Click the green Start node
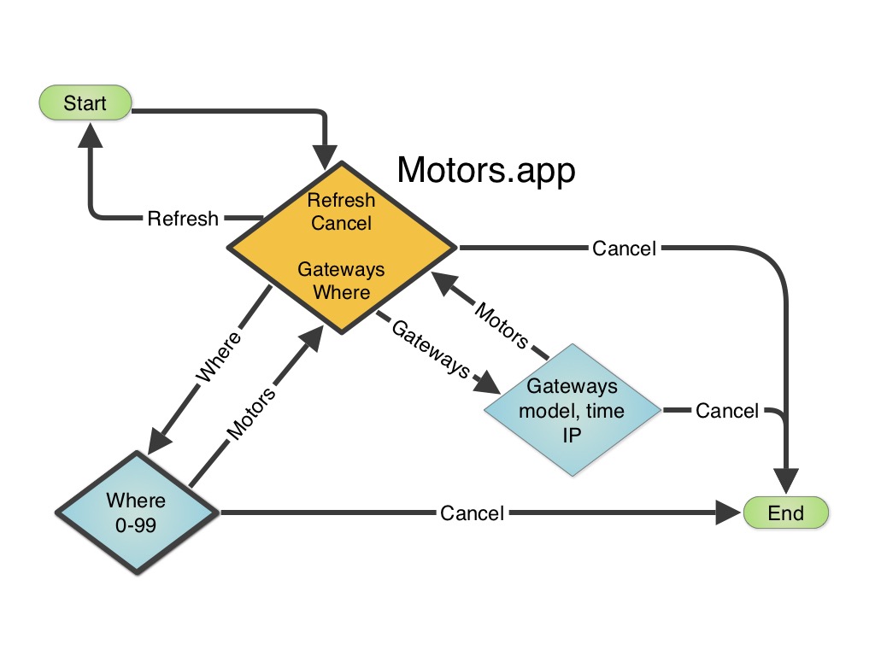[85, 103]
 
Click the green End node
[785, 512]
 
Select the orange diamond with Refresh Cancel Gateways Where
[341, 247]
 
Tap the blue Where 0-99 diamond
[137, 512]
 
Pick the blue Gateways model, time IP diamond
[572, 410]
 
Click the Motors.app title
[486, 171]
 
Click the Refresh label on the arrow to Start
[183, 219]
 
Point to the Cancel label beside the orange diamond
[624, 249]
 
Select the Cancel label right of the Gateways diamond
[726, 411]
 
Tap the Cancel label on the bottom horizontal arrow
[472, 513]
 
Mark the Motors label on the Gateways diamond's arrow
[501, 325]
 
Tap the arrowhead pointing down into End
[786, 481]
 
